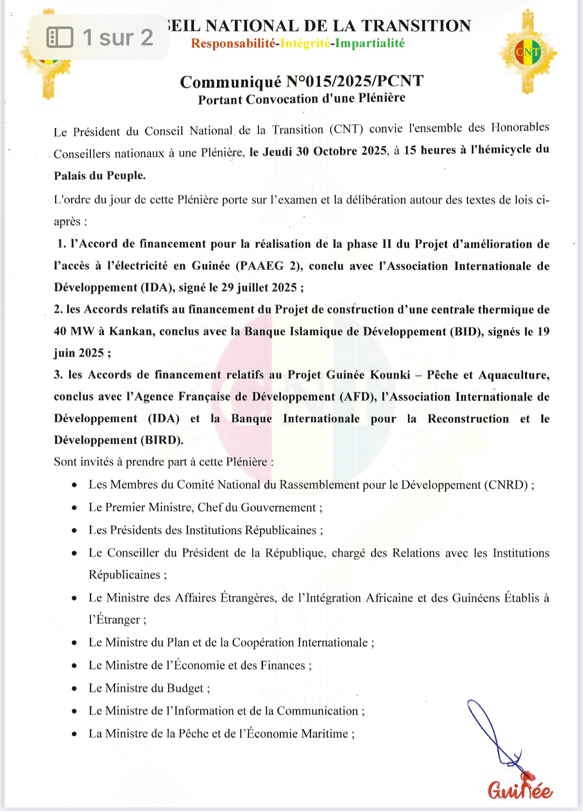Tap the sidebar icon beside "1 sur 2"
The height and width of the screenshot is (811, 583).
pyautogui.click(x=60, y=37)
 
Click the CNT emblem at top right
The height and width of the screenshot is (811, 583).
pyautogui.click(x=527, y=52)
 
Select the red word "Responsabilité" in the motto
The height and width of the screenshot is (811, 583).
pyautogui.click(x=233, y=43)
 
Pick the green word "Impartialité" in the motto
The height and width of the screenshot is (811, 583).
pyautogui.click(x=370, y=43)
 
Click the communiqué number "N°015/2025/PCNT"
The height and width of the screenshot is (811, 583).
pyautogui.click(x=354, y=81)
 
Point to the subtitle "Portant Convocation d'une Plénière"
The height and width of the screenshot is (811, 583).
pyautogui.click(x=302, y=99)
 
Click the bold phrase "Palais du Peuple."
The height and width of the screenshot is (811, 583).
pyautogui.click(x=100, y=175)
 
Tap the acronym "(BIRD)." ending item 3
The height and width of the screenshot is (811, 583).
pyautogui.click(x=162, y=440)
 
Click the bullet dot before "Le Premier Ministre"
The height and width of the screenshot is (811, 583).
pyautogui.click(x=74, y=508)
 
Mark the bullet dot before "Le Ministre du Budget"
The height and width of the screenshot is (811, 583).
pyautogui.click(x=74, y=689)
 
